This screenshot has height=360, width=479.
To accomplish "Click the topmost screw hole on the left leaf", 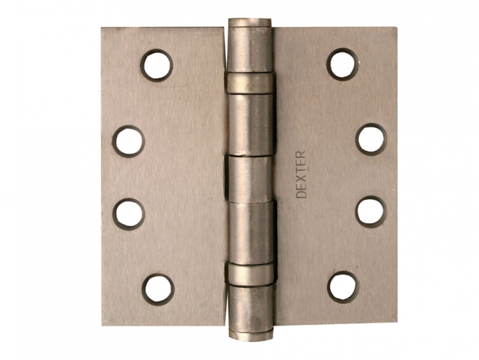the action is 156,65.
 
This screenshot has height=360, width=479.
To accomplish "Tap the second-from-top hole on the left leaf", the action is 128,141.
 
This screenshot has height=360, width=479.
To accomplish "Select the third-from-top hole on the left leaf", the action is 129,214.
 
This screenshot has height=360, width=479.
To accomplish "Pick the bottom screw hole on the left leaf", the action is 158,290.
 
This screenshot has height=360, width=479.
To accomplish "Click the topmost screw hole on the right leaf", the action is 343,64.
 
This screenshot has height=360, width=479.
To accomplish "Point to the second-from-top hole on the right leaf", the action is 371,139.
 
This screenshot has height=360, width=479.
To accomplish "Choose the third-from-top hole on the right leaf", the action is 371,212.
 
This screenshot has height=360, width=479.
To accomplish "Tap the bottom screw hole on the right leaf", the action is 343,287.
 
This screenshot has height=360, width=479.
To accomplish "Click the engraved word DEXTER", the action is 301,174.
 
